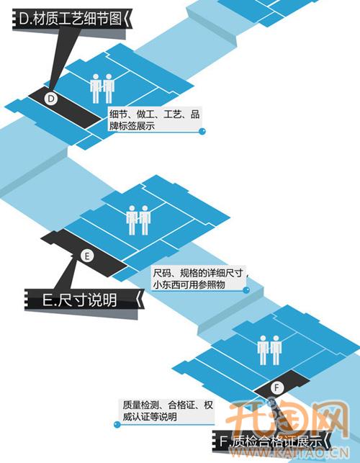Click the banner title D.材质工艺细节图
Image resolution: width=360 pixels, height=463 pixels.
(x=70, y=19)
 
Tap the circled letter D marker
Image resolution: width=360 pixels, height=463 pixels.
(x=51, y=99)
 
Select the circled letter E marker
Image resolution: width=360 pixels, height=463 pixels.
(x=87, y=256)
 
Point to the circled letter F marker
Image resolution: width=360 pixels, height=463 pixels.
(x=276, y=387)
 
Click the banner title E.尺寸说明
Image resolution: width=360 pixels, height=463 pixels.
(x=79, y=300)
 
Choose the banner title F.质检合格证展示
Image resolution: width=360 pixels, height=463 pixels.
(x=271, y=442)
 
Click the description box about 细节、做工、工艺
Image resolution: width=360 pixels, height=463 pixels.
(x=154, y=120)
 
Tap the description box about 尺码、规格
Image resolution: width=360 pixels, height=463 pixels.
(x=199, y=278)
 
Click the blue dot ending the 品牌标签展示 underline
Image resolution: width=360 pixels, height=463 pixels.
(x=202, y=131)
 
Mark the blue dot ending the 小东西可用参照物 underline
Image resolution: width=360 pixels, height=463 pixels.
(x=246, y=290)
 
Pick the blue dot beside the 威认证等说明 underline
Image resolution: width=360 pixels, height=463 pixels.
(x=117, y=425)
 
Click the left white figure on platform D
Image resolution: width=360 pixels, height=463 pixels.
(x=95, y=89)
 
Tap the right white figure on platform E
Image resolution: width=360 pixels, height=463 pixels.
(x=145, y=220)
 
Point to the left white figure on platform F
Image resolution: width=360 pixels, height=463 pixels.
(x=263, y=350)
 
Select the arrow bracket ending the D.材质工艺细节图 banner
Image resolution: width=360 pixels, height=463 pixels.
(x=127, y=18)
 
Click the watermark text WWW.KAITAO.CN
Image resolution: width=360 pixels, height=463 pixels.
(x=289, y=453)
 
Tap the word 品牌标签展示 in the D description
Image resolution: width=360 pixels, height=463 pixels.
(x=132, y=126)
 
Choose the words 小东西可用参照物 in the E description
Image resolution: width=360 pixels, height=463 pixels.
(x=189, y=284)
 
